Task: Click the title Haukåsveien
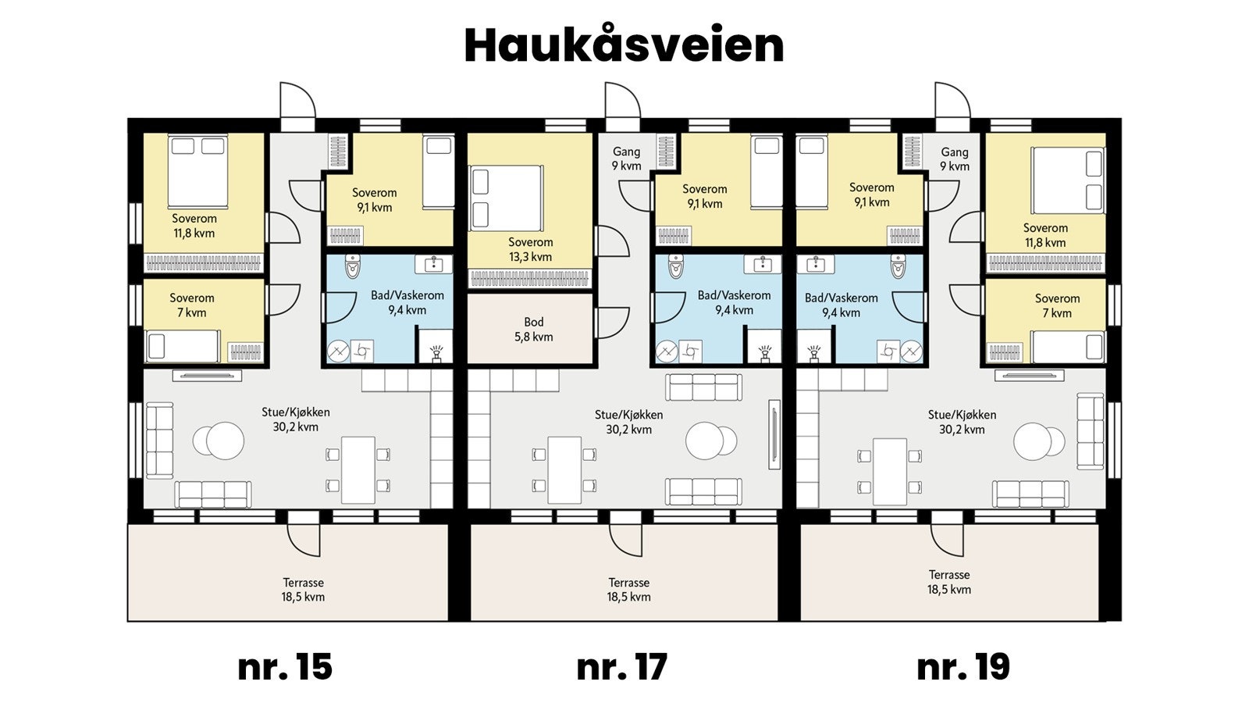624,45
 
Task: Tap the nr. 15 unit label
285,667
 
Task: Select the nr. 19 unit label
963,667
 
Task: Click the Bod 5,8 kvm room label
533,330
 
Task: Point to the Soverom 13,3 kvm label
530,249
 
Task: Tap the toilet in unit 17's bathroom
676,266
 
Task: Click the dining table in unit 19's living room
890,471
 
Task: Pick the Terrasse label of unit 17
628,590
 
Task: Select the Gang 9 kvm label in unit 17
626,159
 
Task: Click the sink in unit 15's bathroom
433,264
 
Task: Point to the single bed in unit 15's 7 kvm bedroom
183,346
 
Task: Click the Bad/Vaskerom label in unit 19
841,305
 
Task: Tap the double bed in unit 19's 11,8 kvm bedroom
1068,180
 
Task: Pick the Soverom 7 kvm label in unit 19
1057,305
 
